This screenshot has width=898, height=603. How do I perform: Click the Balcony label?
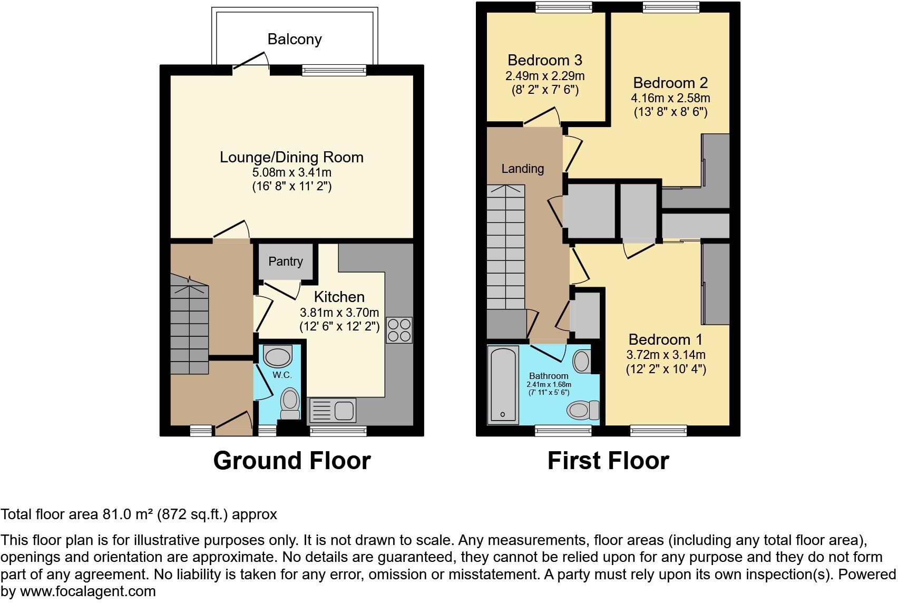pos(294,39)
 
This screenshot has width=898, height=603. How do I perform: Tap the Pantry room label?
pos(286,261)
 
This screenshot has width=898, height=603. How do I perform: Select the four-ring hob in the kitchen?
pos(399,330)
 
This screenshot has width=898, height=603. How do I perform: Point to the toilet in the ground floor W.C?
pos(289,404)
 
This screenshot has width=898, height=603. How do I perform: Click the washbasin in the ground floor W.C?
pos(278,356)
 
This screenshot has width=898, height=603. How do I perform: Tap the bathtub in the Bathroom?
pos(503,384)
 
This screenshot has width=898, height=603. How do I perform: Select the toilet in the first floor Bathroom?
pos(584,410)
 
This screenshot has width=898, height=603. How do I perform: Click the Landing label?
pos(522,169)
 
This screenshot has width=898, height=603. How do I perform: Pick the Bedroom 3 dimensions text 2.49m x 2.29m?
pos(545,76)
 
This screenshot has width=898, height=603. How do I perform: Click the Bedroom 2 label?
pos(670,83)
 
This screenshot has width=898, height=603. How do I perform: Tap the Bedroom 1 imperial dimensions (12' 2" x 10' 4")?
pos(666,369)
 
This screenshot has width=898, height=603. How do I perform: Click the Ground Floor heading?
pos(292,461)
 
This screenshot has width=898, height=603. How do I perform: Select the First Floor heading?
pos(608,461)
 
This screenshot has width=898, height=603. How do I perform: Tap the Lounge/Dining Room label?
pos(291,157)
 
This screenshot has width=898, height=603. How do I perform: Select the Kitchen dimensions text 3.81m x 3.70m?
pos(339,312)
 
